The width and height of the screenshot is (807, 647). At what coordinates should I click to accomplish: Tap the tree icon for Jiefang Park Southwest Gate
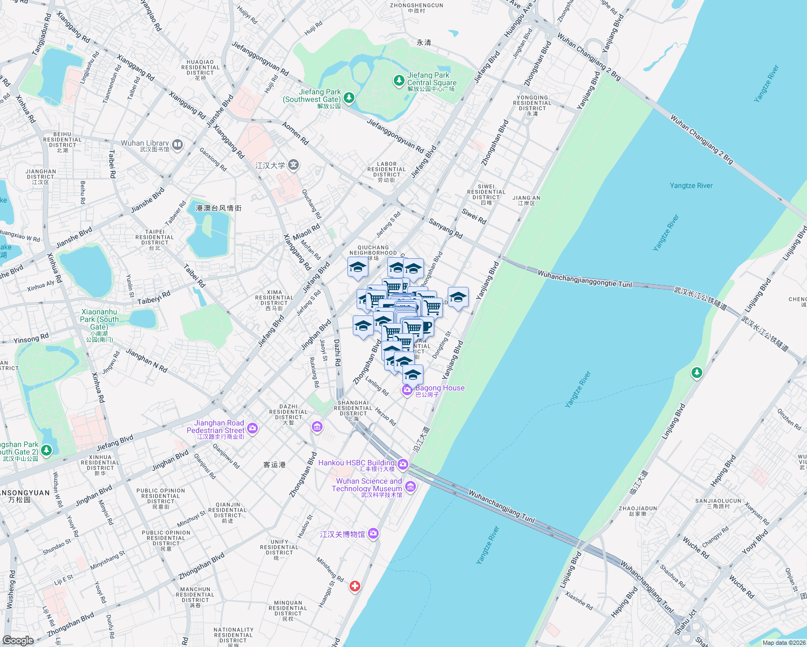pos(349,98)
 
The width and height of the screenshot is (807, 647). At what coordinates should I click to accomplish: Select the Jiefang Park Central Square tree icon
pos(399,81)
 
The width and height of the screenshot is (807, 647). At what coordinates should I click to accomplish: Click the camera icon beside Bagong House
pos(407,390)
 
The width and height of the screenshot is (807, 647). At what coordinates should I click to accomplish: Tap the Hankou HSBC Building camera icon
pos(403,464)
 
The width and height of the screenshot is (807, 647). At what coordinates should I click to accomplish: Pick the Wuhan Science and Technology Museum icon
pos(411,487)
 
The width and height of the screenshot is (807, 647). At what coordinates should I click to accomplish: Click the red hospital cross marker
pos(354,586)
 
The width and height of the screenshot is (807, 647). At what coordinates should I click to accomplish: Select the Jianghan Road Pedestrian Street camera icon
pos(252,429)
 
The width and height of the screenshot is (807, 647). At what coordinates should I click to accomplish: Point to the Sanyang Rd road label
pos(446,228)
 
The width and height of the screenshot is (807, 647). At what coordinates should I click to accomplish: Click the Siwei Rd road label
pos(474,216)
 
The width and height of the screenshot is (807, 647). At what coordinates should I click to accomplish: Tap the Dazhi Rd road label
pos(337,353)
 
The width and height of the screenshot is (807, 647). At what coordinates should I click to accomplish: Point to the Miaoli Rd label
pos(306,232)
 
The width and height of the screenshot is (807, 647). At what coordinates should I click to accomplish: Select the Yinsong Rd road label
pos(31,338)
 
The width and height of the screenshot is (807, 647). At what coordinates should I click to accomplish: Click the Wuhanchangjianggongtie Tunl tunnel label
pos(584,279)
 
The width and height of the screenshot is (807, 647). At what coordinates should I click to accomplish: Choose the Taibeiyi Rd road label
pos(154,298)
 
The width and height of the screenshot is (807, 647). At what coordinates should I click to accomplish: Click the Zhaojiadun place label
pos(638,511)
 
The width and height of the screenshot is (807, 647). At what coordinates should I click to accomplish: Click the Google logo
pos(18,640)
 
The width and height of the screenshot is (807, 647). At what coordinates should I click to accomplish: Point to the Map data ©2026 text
pos(783,643)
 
